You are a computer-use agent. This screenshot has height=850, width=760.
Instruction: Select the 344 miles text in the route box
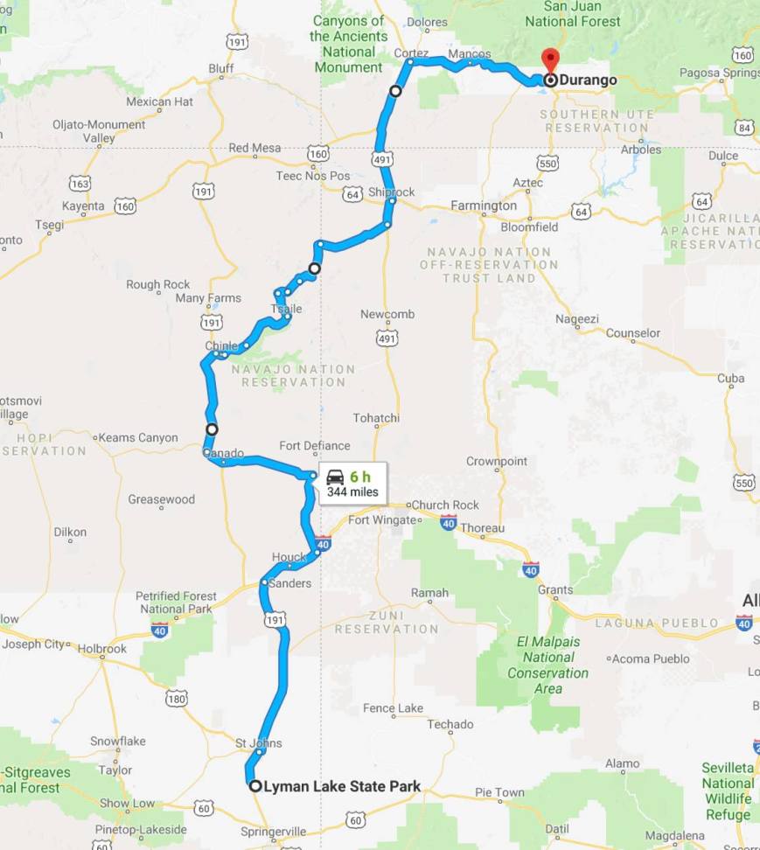(x=352, y=492)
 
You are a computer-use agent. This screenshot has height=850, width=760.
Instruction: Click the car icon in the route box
(x=335, y=477)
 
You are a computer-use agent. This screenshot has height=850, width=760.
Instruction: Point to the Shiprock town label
(x=391, y=192)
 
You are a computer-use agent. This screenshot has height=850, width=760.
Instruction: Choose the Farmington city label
(x=484, y=206)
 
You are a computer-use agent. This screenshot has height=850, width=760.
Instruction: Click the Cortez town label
(x=411, y=52)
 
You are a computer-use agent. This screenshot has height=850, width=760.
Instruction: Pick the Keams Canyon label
(x=138, y=438)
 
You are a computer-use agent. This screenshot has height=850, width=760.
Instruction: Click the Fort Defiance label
(x=315, y=446)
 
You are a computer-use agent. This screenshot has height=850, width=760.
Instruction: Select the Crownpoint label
(x=496, y=461)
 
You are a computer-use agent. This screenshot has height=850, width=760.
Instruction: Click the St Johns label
(x=259, y=743)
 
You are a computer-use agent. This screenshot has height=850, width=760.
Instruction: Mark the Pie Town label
(x=499, y=793)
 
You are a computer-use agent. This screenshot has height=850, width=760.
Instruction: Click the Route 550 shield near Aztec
(x=547, y=163)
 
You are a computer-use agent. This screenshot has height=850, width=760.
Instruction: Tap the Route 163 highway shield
(x=80, y=184)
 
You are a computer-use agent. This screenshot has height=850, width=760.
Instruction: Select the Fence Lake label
(x=393, y=708)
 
